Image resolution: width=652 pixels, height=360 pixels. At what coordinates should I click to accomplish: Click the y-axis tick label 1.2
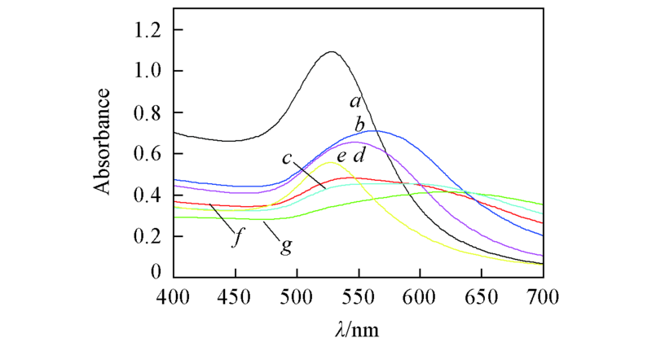(x=145, y=30)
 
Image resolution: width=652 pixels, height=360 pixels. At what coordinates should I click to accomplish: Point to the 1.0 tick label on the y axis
(x=145, y=72)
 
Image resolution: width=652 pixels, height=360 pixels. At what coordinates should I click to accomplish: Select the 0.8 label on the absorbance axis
(x=145, y=113)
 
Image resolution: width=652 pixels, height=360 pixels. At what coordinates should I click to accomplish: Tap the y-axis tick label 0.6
(x=145, y=154)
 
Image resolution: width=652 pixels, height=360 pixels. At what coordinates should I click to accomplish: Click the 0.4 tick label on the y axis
(x=145, y=195)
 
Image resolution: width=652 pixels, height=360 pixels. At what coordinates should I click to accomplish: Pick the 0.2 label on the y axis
(x=145, y=237)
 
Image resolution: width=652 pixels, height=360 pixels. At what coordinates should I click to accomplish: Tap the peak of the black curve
(x=332, y=52)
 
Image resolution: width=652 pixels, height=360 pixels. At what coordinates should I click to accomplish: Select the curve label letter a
(x=355, y=102)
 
